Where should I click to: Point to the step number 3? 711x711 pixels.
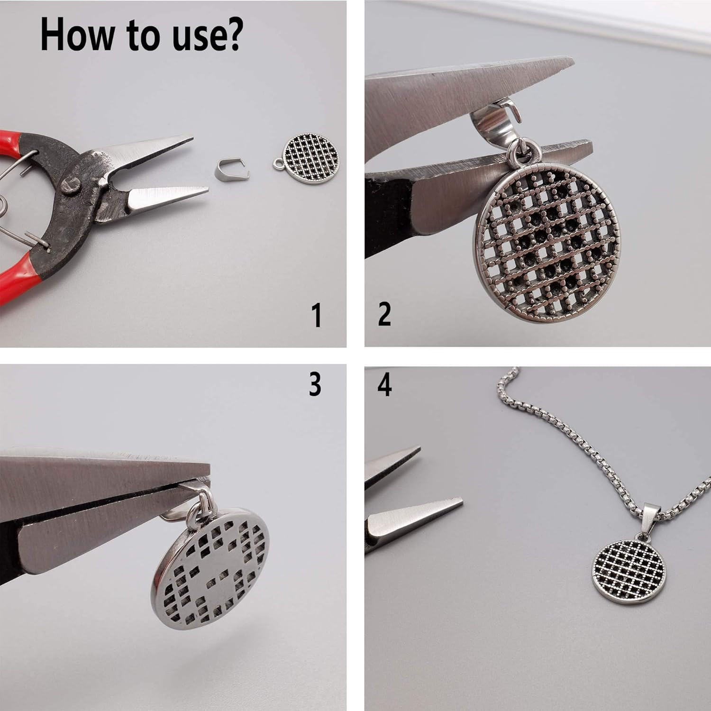(315, 384)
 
